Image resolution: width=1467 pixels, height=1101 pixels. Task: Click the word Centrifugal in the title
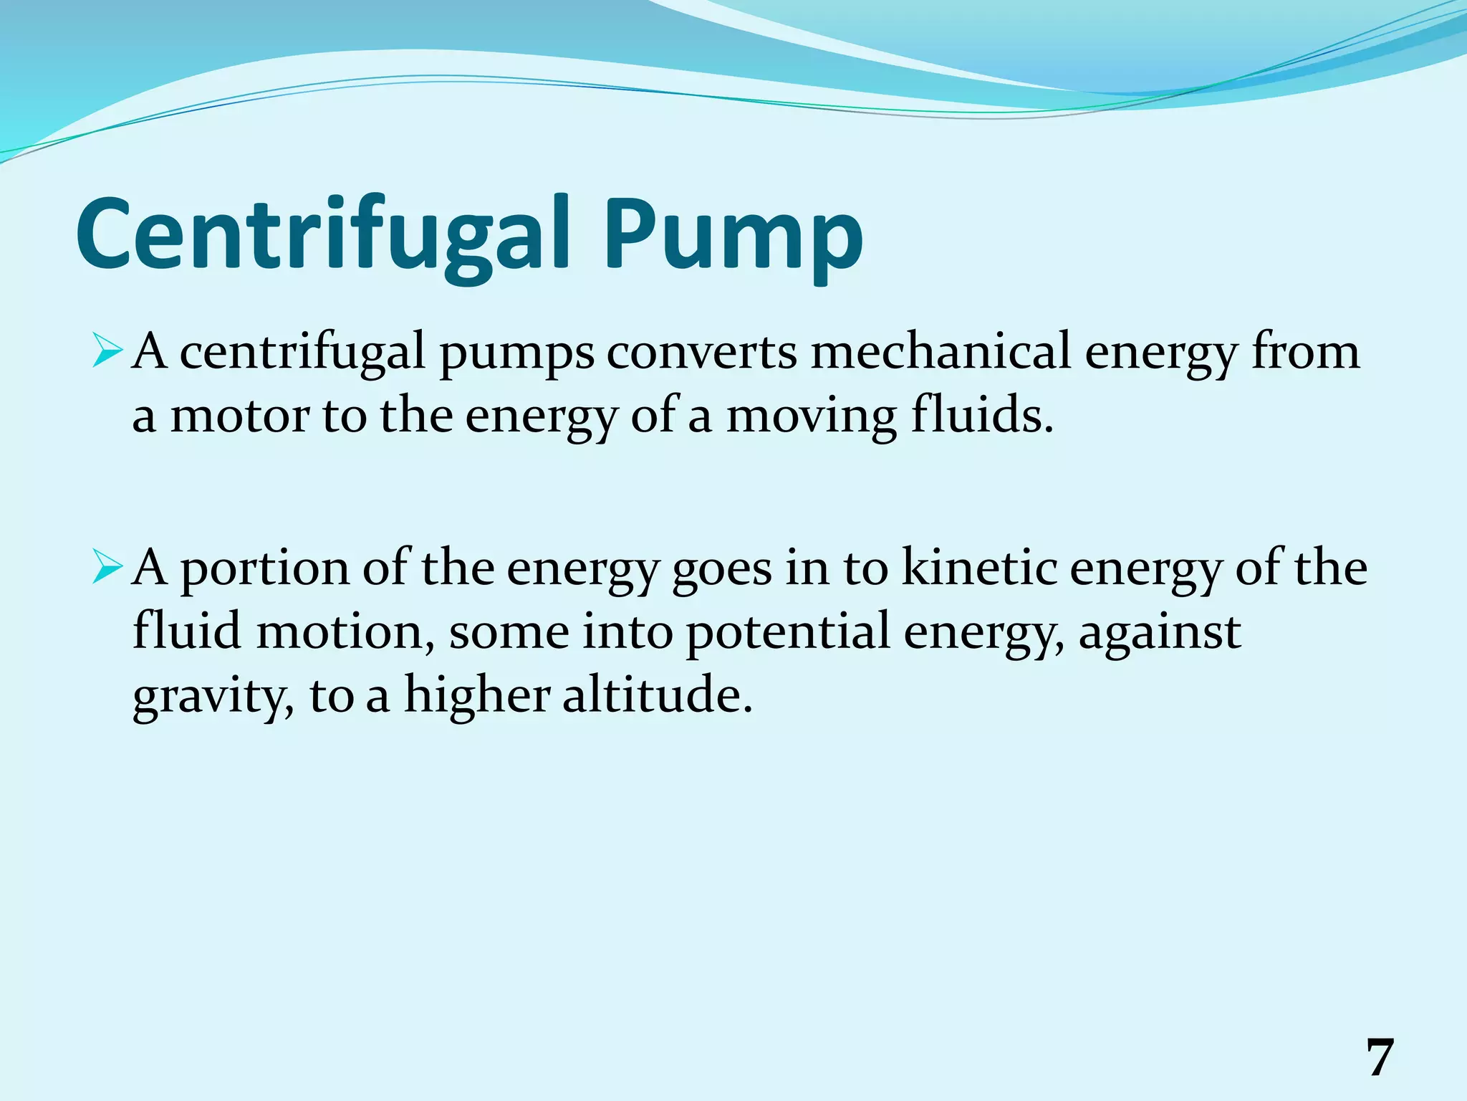[323, 235]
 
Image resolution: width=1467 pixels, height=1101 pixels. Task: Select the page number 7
[1380, 1058]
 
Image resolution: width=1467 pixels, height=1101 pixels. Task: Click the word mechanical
[940, 353]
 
